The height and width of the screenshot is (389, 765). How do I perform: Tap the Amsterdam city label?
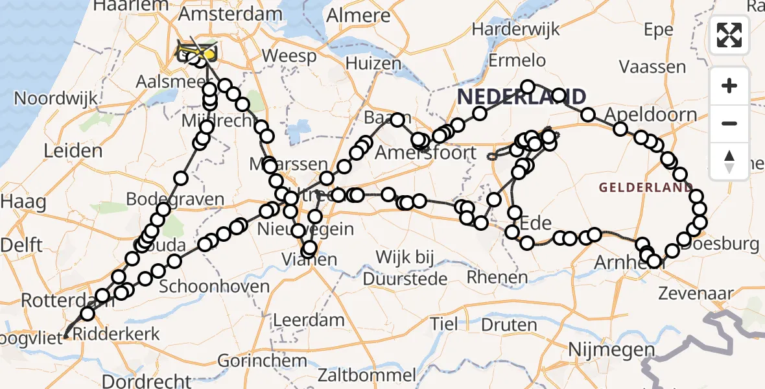click(221, 14)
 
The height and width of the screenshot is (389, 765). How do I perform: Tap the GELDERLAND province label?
click(646, 188)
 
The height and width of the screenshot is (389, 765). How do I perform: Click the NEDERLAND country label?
click(521, 97)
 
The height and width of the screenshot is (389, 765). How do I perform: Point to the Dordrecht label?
click(146, 381)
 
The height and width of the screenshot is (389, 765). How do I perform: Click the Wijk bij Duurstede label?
click(405, 268)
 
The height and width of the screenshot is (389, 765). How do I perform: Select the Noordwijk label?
click(56, 99)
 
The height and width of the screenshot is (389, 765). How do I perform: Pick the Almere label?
click(359, 15)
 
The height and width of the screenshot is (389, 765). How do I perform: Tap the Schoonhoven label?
click(214, 286)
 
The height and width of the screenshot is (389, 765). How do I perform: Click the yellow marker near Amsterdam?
click(209, 56)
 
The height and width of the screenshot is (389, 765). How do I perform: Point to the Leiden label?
click(73, 151)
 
